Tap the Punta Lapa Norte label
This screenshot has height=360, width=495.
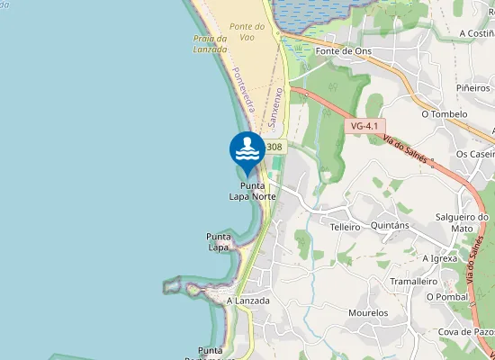(252, 191)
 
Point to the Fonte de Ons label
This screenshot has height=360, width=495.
(343, 51)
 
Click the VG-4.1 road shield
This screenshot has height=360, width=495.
(364, 127)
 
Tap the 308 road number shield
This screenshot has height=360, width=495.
(274, 147)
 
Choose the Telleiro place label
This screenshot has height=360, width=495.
(345, 227)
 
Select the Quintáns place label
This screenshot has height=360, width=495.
(391, 226)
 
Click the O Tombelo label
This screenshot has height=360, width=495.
(445, 114)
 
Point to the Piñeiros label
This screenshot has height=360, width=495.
(473, 88)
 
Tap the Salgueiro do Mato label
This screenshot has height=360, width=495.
(462, 222)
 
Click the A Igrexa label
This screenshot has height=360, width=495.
(441, 257)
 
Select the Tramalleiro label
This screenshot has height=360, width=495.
(413, 281)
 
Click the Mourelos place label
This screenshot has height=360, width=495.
(368, 313)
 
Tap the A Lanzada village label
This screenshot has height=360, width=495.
(248, 301)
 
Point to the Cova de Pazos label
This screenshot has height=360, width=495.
(466, 332)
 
